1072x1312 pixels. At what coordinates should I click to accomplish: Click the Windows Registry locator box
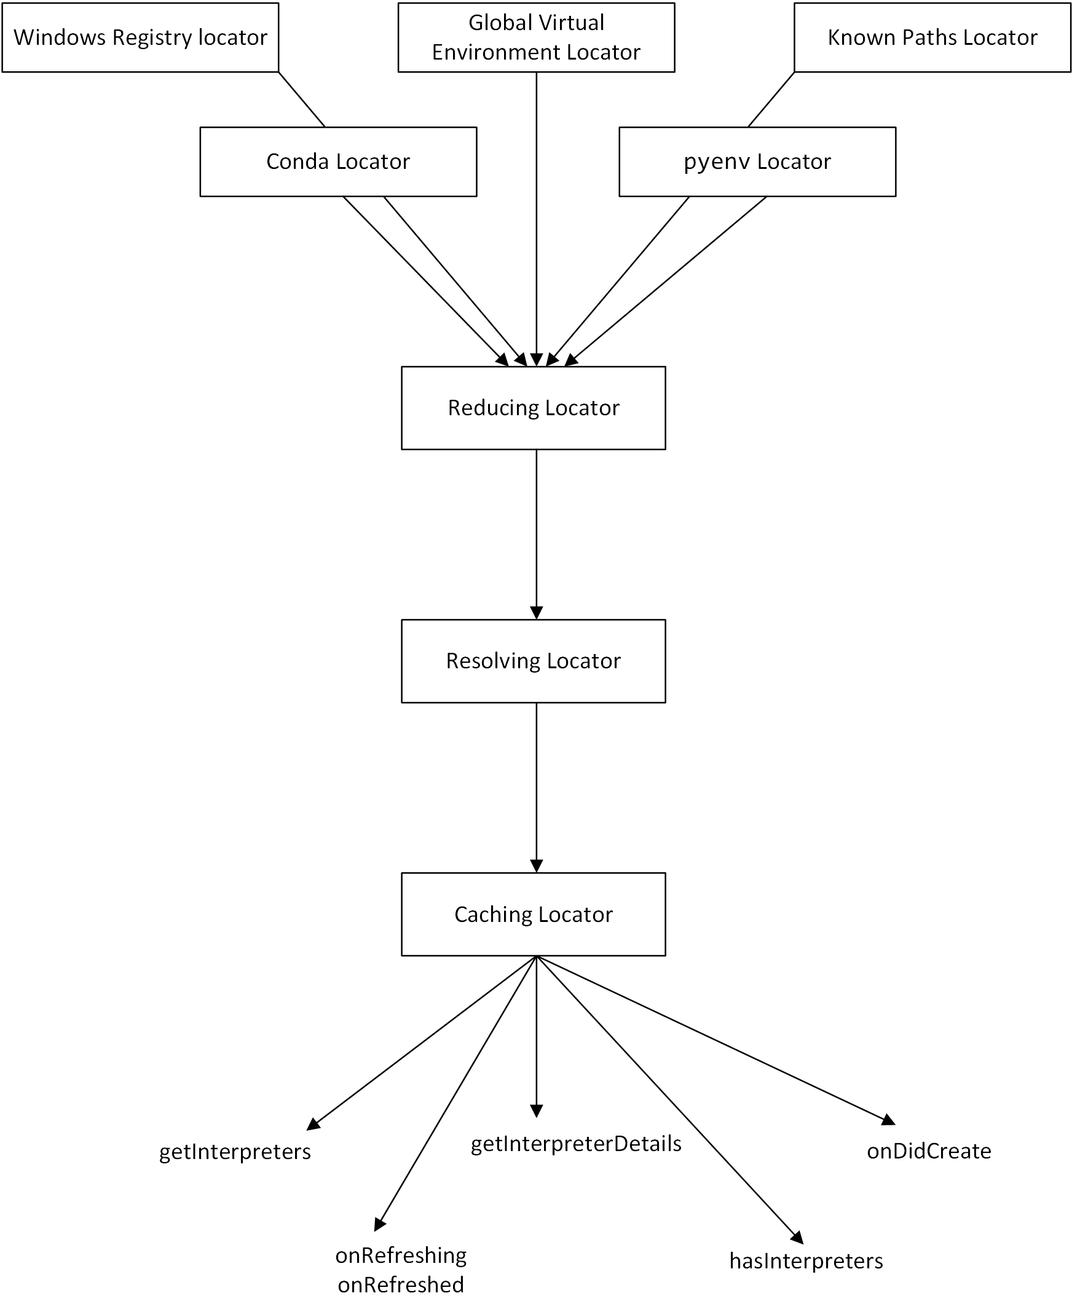pos(140,37)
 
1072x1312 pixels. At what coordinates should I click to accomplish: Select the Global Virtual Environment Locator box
pos(536,37)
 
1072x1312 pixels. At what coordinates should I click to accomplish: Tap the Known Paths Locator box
pos(932,37)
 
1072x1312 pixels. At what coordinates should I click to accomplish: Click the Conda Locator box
pos(338,162)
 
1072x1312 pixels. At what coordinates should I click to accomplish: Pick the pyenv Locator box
pos(757,162)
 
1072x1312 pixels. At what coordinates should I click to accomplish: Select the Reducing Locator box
pos(534,408)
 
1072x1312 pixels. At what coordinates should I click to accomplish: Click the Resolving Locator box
pos(534,661)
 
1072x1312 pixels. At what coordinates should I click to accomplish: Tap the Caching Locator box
pos(534,915)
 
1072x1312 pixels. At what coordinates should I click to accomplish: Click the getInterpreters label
pos(235,1152)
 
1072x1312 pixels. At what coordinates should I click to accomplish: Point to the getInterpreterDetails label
pos(575,1144)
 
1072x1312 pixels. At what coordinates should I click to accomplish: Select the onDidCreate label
pos(929,1152)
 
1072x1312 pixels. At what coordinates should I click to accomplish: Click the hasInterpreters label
pos(806,1262)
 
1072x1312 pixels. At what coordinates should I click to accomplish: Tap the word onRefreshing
pos(401,1256)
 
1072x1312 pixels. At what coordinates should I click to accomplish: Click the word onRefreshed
pos(401,1286)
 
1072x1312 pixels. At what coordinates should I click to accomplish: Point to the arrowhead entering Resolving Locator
pos(537,613)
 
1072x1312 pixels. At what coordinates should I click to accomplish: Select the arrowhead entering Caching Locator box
pos(537,866)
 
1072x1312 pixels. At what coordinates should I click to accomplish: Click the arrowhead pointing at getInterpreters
pos(313,1125)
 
